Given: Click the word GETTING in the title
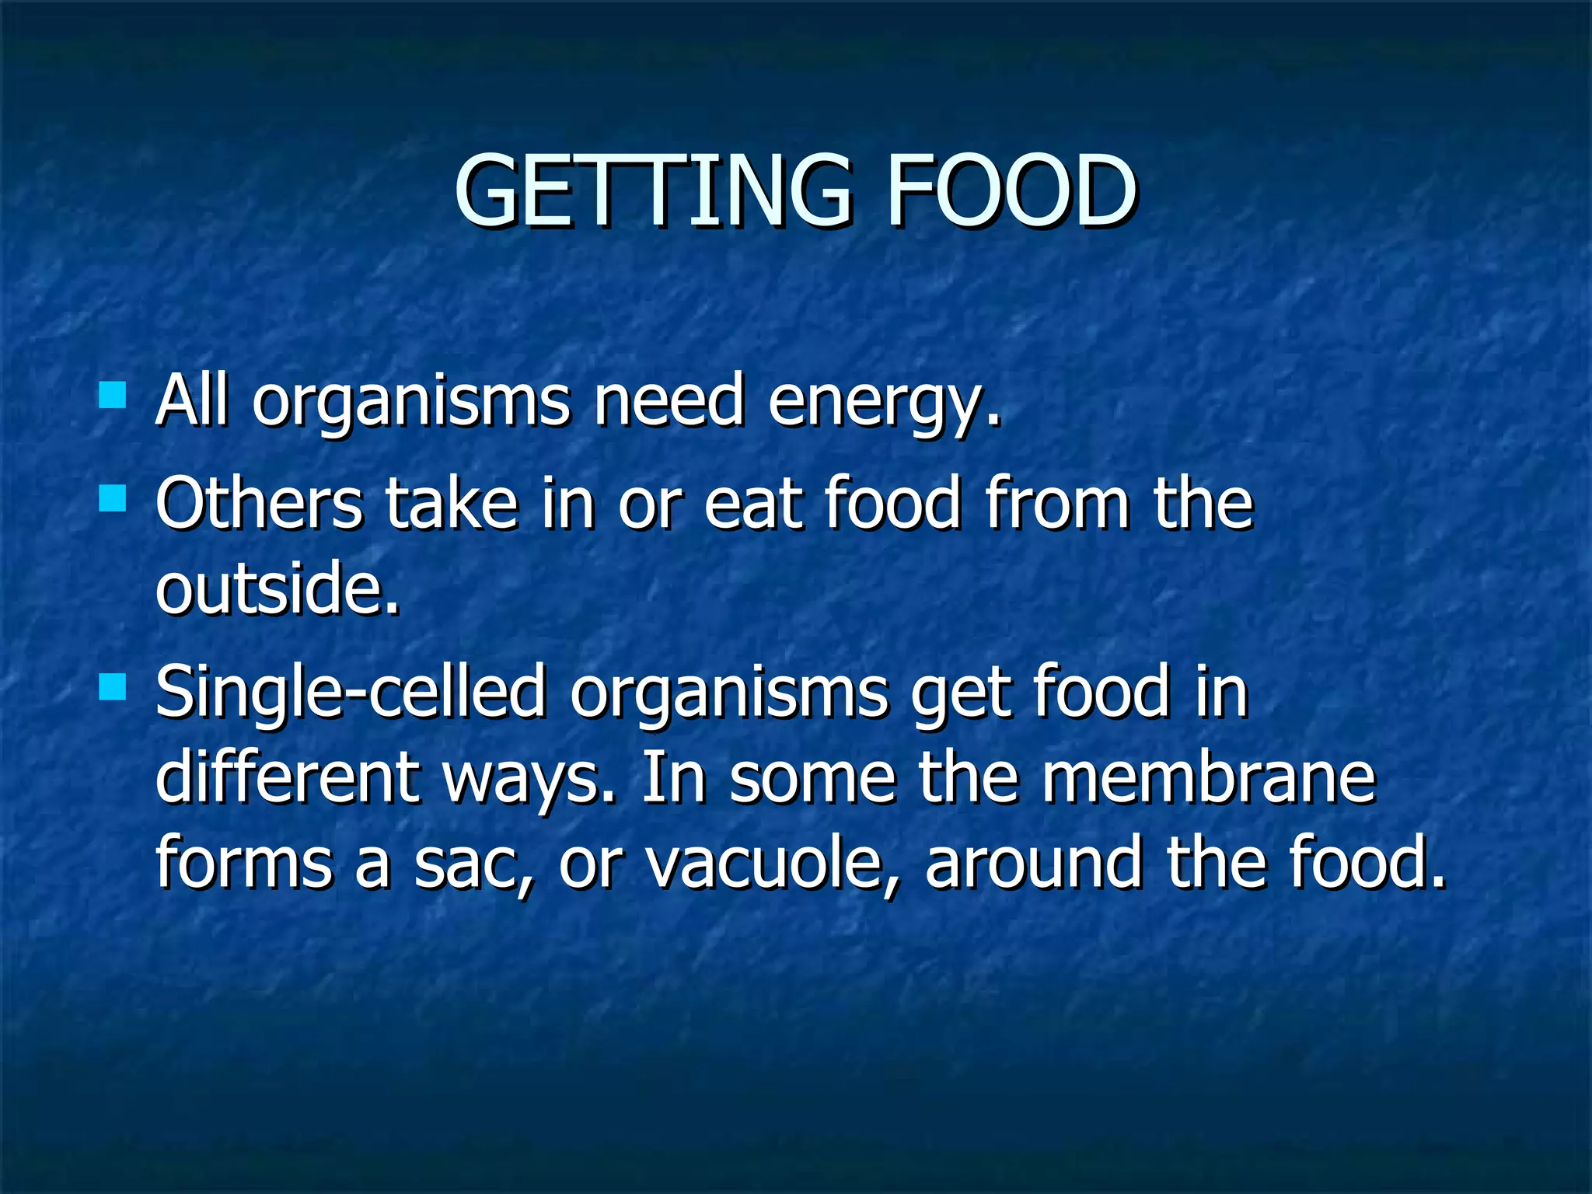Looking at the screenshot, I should click(x=653, y=191).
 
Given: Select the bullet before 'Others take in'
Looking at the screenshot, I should click(x=113, y=498).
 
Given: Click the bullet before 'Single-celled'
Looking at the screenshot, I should click(x=113, y=687).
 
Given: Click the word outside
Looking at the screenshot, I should click(x=277, y=588).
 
